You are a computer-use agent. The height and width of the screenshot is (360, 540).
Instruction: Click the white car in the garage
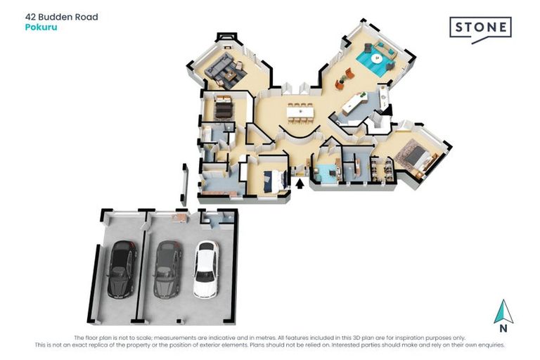pos(206,269)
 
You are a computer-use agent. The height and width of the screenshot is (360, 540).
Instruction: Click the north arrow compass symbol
pos(503,311)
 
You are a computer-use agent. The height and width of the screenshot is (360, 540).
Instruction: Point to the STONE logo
pos(480,30)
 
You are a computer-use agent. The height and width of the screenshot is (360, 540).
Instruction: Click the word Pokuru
pos(41,27)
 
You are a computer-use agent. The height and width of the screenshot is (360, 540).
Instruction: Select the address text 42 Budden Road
pos(62,17)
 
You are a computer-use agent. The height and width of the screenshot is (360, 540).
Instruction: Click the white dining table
pos(301,112)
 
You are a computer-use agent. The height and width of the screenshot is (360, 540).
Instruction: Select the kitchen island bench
pos(354,105)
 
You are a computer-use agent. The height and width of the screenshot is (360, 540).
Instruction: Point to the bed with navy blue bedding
pos(275,180)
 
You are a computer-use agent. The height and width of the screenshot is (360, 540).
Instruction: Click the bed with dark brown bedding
pos(224,109)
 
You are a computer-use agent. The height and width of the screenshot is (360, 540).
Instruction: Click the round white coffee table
pos(377,58)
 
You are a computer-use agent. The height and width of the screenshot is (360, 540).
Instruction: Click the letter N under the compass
pos(503,328)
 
